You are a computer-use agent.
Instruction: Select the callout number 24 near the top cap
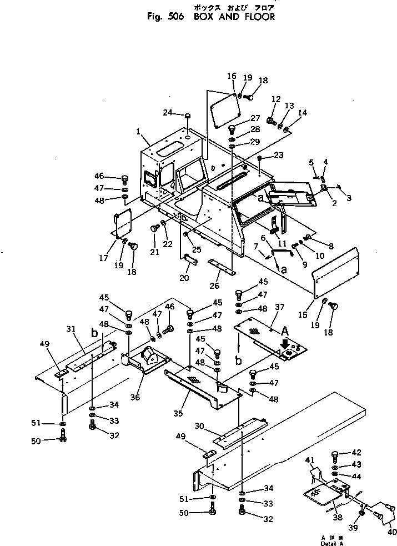click(x=169, y=114)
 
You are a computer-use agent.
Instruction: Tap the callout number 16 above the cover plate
click(x=232, y=76)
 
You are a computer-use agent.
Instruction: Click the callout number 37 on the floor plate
click(x=279, y=307)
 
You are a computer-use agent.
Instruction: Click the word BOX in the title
click(x=204, y=17)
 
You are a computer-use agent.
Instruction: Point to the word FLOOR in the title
click(x=258, y=17)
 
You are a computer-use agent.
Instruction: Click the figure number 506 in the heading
click(x=176, y=17)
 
